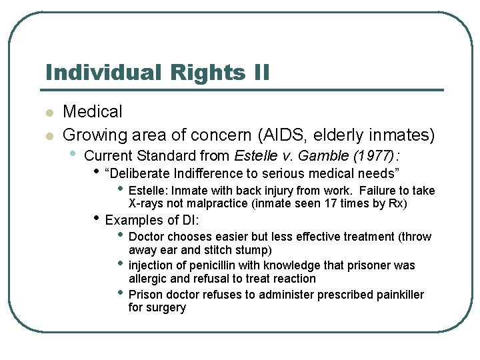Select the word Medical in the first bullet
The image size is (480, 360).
93,112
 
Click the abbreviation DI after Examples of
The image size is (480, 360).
193,220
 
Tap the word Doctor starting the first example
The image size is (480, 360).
146,237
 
